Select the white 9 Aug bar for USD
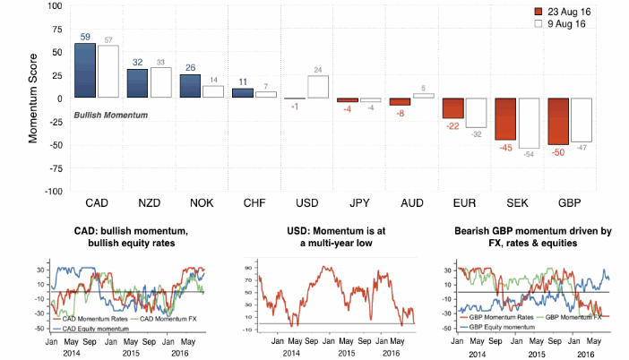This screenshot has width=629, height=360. (318, 87)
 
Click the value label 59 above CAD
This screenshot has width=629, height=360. (85, 37)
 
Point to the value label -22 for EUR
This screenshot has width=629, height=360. (453, 126)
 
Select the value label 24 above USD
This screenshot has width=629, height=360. (318, 70)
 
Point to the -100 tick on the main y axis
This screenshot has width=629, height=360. (52, 191)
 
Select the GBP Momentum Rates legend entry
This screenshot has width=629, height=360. (498, 318)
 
